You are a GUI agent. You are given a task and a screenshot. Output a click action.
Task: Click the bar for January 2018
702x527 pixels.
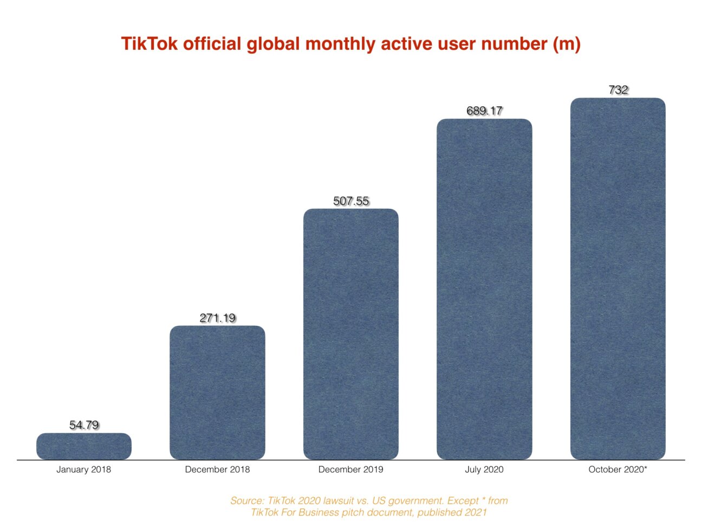84,446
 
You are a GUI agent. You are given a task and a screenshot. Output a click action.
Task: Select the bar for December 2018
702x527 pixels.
217,393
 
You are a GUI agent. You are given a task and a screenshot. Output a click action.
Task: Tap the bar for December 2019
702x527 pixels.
351,334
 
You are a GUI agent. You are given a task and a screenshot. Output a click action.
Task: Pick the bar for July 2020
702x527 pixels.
484,289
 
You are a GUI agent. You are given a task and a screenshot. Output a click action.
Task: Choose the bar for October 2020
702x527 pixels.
617,279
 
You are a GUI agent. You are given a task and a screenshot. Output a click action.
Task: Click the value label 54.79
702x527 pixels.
84,425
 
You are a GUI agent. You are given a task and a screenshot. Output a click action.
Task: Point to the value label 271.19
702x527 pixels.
217,318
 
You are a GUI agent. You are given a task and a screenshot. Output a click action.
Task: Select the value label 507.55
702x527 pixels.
351,201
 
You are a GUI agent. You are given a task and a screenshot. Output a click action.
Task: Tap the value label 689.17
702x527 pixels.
484,111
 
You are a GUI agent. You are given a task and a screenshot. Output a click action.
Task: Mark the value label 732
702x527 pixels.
618,90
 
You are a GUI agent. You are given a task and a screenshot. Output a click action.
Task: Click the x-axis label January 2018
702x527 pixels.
83,470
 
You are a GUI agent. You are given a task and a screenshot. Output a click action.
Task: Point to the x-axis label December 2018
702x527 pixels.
217,470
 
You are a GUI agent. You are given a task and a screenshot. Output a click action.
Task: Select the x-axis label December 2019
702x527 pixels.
350,470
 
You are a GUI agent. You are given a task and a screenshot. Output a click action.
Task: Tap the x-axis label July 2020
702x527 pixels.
484,470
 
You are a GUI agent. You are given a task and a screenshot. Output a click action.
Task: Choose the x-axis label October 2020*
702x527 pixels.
617,470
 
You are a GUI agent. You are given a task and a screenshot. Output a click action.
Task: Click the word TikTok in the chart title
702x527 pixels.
149,43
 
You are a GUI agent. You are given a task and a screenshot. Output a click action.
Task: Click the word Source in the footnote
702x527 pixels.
246,501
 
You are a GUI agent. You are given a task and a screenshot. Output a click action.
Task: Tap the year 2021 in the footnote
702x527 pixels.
475,512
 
